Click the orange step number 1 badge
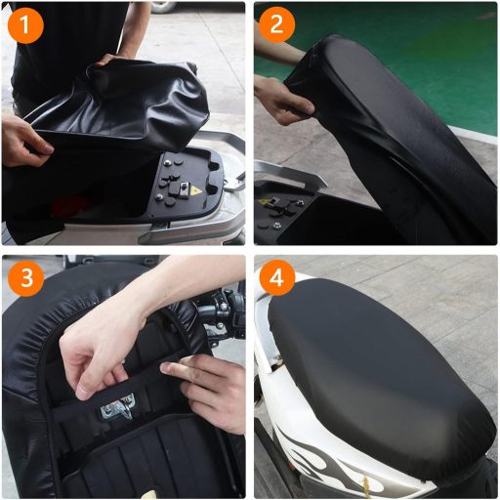[x=24, y=25]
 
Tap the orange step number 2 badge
[x=277, y=25]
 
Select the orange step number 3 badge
[x=24, y=279]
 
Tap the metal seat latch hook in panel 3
[x=122, y=404]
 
